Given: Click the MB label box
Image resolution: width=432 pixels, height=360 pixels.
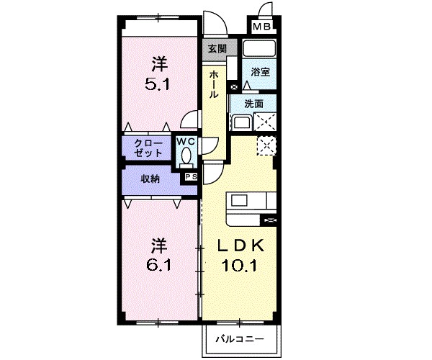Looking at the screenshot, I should tap(261, 28).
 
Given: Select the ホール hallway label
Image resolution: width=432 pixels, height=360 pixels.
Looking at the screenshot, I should tap(215, 84).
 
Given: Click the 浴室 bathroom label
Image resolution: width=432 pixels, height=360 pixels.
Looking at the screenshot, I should tap(260, 72).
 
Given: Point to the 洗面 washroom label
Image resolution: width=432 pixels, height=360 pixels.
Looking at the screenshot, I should tap(254, 103).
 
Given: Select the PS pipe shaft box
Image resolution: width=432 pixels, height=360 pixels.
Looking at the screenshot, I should tap(191, 176).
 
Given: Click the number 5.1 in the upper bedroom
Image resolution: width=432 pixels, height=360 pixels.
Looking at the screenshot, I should tap(158, 83).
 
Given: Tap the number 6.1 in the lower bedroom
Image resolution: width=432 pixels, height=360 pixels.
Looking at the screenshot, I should tap(158, 265).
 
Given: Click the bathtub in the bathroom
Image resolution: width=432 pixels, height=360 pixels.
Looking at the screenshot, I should tap(259, 50).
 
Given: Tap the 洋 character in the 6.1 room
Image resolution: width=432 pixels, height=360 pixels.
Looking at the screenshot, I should tap(158, 243).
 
